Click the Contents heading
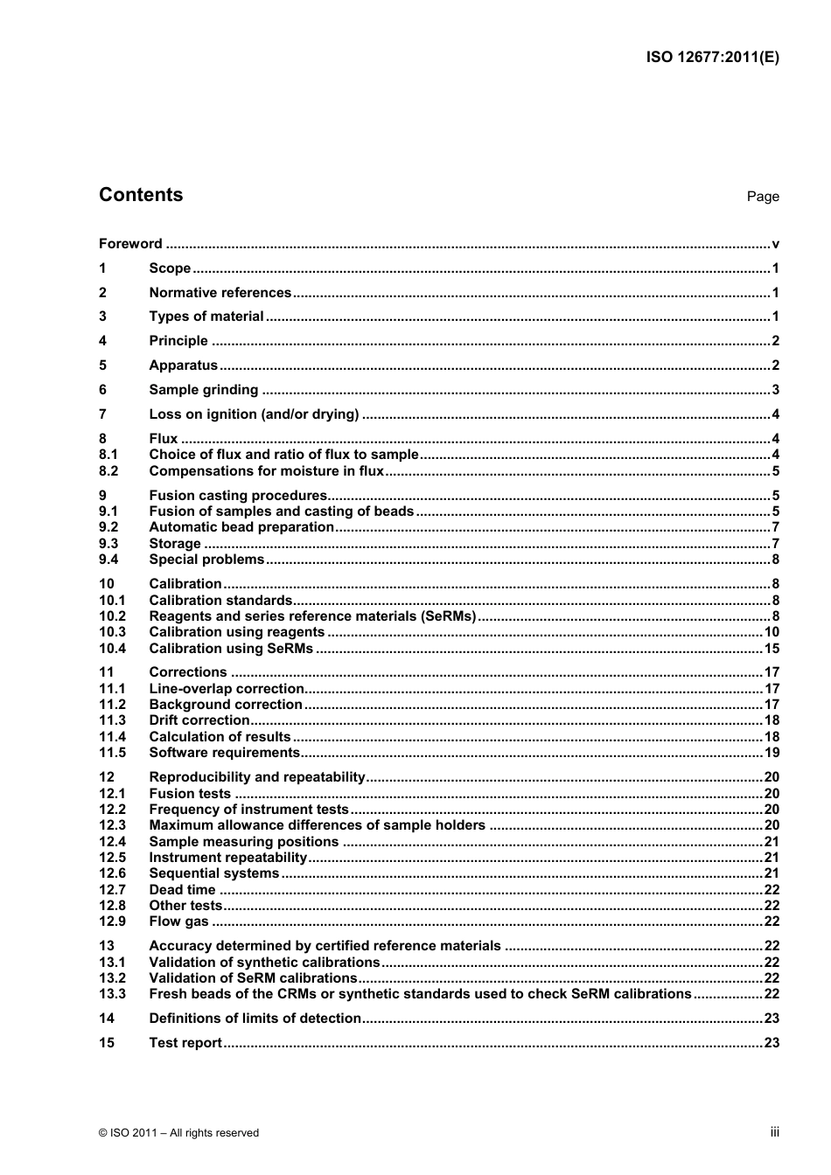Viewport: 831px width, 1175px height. pos(141,195)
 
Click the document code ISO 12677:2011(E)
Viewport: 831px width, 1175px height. pos(712,58)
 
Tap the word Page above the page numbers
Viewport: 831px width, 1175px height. pos(762,197)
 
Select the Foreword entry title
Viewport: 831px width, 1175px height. pos(130,244)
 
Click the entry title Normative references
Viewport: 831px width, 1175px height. pos(220,293)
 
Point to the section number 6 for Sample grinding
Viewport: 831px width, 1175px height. pos(103,390)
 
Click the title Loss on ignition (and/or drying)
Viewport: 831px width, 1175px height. pos(254,414)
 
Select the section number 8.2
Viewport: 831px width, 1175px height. pos(108,471)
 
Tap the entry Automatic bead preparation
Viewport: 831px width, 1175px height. pos(241,527)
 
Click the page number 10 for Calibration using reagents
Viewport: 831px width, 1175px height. pos(771,632)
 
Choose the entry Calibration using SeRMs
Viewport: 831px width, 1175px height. pos(231,649)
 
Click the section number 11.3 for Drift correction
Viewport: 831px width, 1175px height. pos(112,720)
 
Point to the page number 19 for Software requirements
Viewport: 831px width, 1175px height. pos(771,753)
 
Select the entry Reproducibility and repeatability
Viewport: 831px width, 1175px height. pos(256,777)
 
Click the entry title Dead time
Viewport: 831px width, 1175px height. pos(182,890)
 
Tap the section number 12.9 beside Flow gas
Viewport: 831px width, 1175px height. pos(112,921)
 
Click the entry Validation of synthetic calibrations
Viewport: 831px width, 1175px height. pos(264,963)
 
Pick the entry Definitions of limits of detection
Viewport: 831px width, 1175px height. pos(255,1019)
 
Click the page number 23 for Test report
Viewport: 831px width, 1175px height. pos(771,1043)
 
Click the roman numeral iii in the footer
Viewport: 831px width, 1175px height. pos(774,1132)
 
